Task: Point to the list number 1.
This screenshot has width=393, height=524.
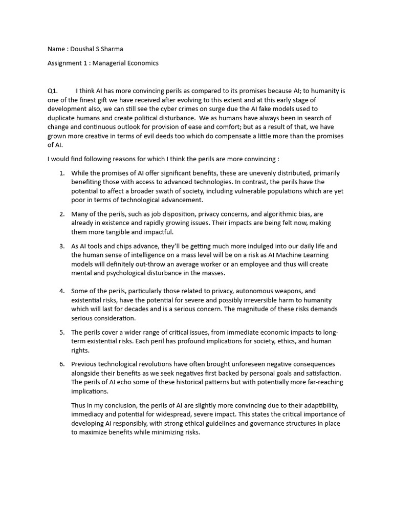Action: point(61,173)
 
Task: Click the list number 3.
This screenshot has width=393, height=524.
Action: point(61,246)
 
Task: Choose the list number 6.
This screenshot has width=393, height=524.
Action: point(61,364)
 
